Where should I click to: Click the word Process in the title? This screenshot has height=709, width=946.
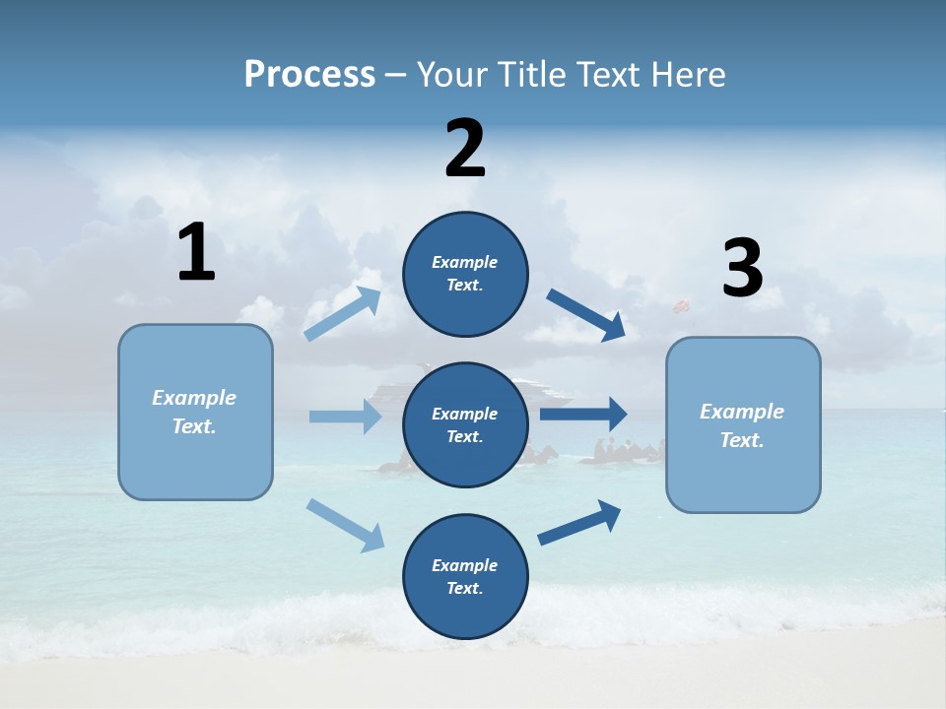pyautogui.click(x=309, y=74)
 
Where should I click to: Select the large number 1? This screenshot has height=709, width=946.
pyautogui.click(x=196, y=253)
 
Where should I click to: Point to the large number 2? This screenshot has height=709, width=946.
pyautogui.click(x=465, y=149)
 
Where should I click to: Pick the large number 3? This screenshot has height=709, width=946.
pyautogui.click(x=742, y=269)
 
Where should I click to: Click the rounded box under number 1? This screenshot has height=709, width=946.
pyautogui.click(x=195, y=412)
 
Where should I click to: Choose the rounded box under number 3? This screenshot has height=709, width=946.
pyautogui.click(x=743, y=424)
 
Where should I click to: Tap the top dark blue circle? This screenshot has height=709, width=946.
pyautogui.click(x=465, y=274)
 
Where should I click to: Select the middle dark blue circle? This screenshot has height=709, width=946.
pyautogui.click(x=465, y=424)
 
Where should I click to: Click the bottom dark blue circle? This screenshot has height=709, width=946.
pyautogui.click(x=465, y=576)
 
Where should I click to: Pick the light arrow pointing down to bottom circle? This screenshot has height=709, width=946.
pyautogui.click(x=345, y=524)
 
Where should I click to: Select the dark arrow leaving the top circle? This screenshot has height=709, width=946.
pyautogui.click(x=585, y=314)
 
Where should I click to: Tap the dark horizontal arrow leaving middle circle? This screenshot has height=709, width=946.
pyautogui.click(x=583, y=415)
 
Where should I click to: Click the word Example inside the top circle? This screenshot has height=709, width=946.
pyautogui.click(x=465, y=262)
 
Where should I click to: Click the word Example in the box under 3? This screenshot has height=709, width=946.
pyautogui.click(x=742, y=412)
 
